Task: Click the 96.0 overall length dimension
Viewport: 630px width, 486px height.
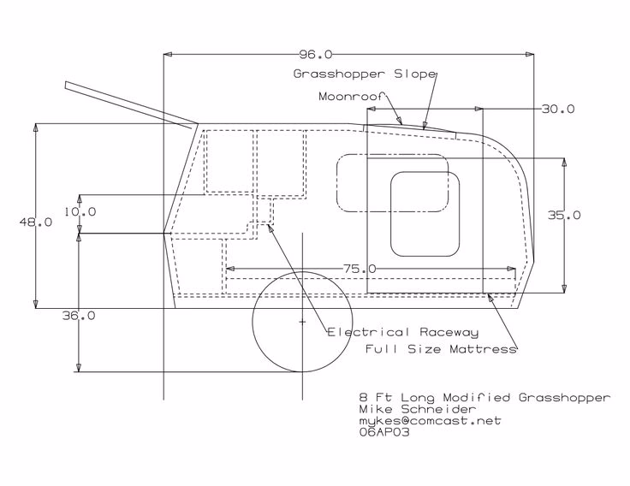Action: coord(316,54)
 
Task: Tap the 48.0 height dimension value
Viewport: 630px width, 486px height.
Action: coord(36,222)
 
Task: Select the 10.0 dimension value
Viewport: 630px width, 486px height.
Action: coord(80,211)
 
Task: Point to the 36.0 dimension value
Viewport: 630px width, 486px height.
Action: coord(79,316)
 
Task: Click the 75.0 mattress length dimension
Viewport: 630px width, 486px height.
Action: coord(360,269)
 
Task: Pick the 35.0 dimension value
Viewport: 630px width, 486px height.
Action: coord(564,216)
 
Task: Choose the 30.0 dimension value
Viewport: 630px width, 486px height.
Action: coord(558,109)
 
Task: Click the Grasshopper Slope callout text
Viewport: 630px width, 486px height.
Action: coord(365,74)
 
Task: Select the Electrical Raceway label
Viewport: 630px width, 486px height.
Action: coord(403,332)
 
